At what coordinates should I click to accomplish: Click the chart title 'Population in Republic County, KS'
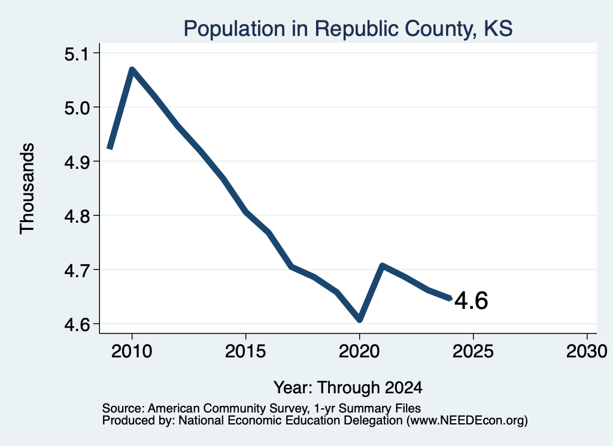pos(348,29)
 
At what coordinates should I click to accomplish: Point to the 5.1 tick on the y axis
pos(77,54)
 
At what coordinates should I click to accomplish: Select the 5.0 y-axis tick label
pos(77,108)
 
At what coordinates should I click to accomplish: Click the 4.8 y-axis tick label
pos(77,216)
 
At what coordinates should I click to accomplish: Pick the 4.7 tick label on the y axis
pos(77,270)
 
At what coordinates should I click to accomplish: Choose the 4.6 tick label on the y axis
pos(77,324)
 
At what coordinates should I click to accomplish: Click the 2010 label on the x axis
pos(132,351)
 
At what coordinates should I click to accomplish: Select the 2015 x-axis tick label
pos(245,351)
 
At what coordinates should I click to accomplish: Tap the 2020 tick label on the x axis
pos(359,351)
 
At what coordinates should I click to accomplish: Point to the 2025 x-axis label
pos(473,351)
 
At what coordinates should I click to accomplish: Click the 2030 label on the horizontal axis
pos(587,351)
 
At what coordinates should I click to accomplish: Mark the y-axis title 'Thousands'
pos(28,189)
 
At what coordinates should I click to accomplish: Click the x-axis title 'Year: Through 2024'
pos(348,388)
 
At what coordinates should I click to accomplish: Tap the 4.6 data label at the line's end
pos(471,301)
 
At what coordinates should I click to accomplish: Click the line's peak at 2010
pos(132,69)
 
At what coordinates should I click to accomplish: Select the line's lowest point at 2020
pos(360,320)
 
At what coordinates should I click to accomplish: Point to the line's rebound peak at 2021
pos(383,266)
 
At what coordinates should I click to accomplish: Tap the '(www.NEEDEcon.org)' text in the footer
pos(467,421)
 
